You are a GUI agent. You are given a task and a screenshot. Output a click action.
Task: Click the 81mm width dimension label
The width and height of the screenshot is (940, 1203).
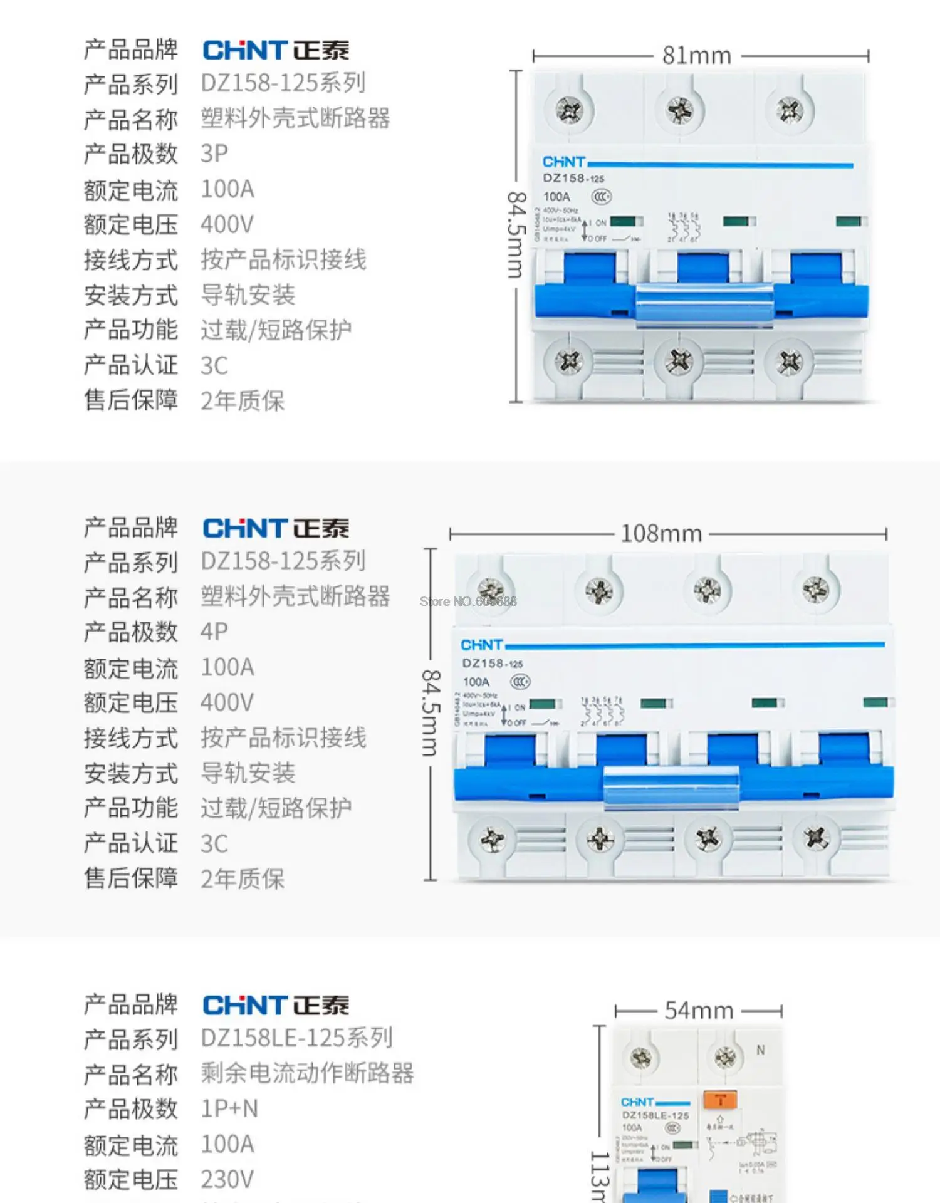coord(697,56)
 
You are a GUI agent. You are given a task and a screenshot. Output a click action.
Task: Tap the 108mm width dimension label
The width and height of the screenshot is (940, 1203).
coord(661,534)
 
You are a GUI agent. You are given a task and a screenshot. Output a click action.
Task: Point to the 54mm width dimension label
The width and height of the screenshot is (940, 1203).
coord(699,1011)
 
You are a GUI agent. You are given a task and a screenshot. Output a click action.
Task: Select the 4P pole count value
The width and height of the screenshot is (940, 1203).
coord(214,632)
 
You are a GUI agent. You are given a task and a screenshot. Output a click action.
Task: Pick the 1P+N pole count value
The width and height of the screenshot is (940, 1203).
coord(229,1109)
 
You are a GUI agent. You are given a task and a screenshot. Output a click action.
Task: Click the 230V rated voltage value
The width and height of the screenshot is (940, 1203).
coord(227,1180)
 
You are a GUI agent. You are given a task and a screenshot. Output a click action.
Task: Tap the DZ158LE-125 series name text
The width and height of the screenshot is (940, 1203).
coord(296,1038)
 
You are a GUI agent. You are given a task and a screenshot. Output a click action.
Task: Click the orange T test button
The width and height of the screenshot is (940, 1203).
coord(720,1100)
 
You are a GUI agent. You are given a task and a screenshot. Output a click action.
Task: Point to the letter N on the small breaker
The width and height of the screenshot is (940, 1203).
coord(760,1050)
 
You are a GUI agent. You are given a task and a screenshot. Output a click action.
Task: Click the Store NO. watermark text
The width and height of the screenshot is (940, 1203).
coord(468,601)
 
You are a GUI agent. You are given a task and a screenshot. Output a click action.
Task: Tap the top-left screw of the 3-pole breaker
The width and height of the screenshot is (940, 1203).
coord(570,112)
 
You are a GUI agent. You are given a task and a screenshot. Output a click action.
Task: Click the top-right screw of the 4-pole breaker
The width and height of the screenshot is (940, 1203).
coord(815,590)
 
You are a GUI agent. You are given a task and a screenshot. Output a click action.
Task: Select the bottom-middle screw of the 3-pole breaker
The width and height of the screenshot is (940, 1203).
coord(679,362)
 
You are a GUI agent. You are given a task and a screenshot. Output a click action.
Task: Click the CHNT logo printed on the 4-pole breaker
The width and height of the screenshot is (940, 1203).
coord(481,645)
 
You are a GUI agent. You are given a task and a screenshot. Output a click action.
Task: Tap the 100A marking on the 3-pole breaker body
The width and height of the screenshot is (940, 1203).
coord(556,197)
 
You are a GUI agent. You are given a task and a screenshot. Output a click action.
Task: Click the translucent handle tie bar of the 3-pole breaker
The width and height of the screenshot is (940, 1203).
coord(704,305)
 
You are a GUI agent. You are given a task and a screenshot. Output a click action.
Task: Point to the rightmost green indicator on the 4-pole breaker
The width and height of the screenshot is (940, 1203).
coord(875,702)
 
